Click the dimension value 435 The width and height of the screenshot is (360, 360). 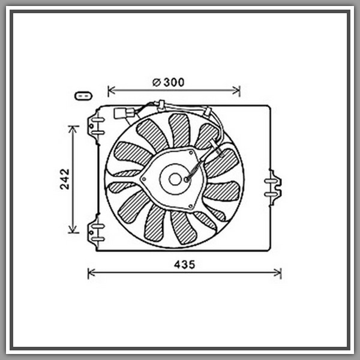pyautogui.click(x=184, y=265)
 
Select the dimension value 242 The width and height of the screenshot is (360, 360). pyautogui.click(x=65, y=179)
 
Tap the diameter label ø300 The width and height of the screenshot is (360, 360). pyautogui.click(x=168, y=82)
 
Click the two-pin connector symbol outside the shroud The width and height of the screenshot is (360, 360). pyautogui.click(x=83, y=96)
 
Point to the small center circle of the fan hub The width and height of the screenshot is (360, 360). pyautogui.click(x=175, y=179)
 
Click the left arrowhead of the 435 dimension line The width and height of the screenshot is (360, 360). pyautogui.click(x=91, y=273)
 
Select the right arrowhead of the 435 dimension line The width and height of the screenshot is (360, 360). pyautogui.click(x=278, y=273)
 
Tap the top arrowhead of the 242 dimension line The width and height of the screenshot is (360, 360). pyautogui.click(x=73, y=129)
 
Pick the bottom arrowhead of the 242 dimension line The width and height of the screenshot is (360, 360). pyautogui.click(x=73, y=229)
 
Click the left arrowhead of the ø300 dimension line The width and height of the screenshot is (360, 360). pyautogui.click(x=112, y=91)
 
